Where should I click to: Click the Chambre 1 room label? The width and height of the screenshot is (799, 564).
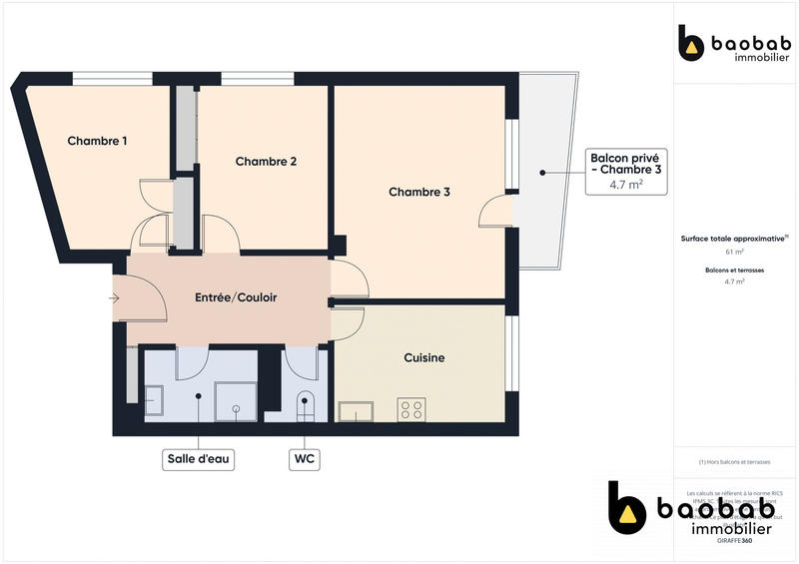tap(97, 141)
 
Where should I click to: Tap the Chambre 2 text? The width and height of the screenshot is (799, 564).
tap(266, 162)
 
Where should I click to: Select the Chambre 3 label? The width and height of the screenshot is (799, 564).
tap(418, 192)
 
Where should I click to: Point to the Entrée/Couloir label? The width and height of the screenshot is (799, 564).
tap(235, 297)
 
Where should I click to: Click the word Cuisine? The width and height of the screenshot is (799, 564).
tap(423, 357)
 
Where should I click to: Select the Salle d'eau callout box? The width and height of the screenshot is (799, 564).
tap(199, 459)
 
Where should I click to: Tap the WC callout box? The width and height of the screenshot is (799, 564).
tap(305, 459)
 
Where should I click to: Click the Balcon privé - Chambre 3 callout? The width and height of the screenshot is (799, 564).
tap(625, 171)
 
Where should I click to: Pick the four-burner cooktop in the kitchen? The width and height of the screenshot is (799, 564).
tap(410, 409)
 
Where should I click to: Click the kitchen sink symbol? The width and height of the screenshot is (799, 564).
tap(356, 411)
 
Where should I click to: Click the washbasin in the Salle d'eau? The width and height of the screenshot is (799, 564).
tap(154, 402)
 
